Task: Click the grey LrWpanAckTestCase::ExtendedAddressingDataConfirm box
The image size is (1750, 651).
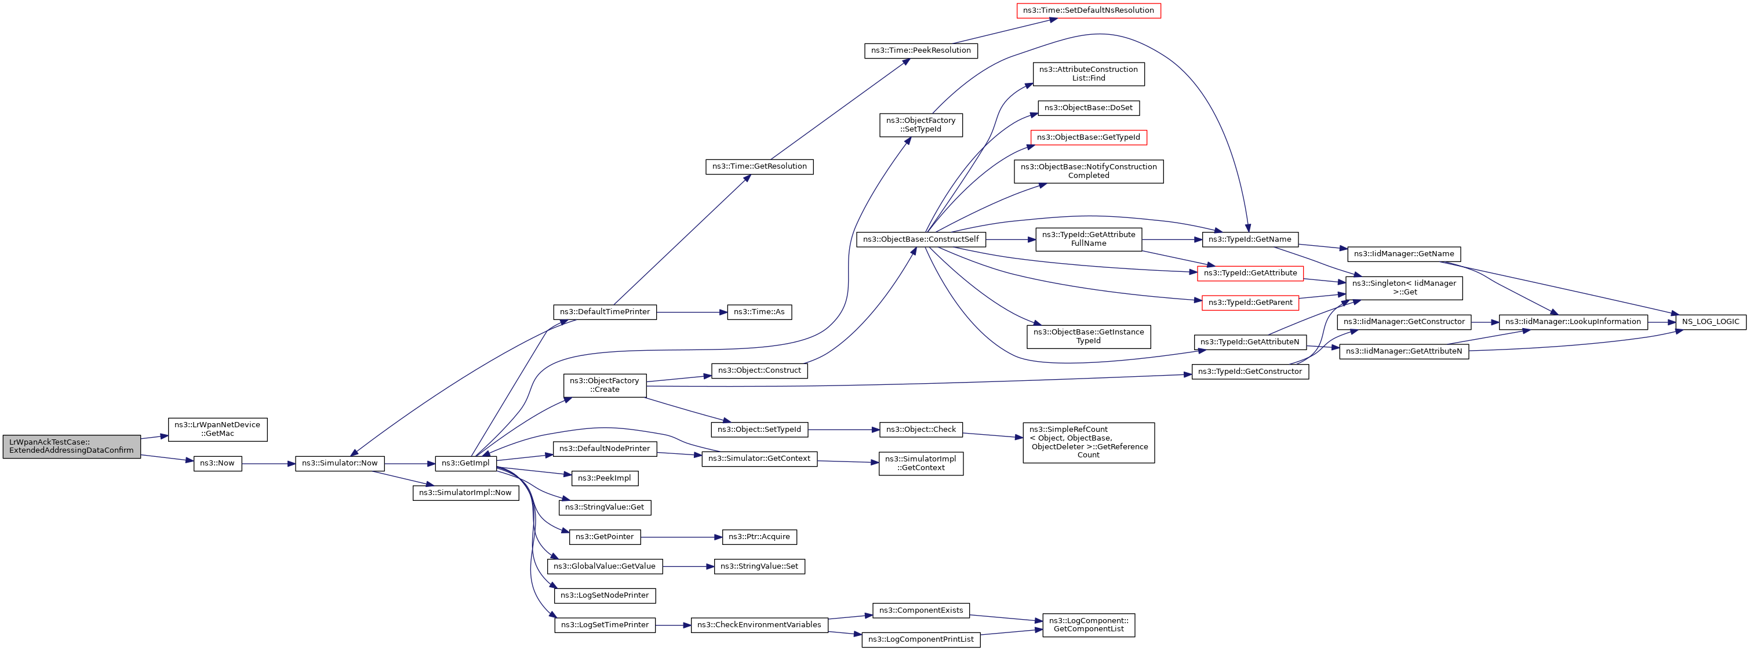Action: tap(71, 446)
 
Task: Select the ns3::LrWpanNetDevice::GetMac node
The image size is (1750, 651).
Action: tap(217, 430)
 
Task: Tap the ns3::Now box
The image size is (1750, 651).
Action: tap(217, 463)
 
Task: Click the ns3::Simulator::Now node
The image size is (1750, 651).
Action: tap(340, 463)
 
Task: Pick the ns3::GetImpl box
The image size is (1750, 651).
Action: tap(465, 463)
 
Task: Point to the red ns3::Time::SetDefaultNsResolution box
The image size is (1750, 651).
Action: tap(1088, 11)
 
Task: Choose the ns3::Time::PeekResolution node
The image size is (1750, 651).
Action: tap(921, 51)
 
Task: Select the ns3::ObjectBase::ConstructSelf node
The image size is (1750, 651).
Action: tap(921, 240)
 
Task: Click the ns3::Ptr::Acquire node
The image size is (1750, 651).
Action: tap(759, 537)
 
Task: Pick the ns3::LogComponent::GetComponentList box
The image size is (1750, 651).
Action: tap(1088, 625)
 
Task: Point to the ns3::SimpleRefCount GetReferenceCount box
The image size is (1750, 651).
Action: tap(1088, 442)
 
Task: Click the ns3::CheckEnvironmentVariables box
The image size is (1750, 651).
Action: tap(759, 625)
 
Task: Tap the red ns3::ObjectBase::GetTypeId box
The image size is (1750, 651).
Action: tap(1088, 138)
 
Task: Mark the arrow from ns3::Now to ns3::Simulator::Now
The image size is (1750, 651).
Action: tap(268, 463)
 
